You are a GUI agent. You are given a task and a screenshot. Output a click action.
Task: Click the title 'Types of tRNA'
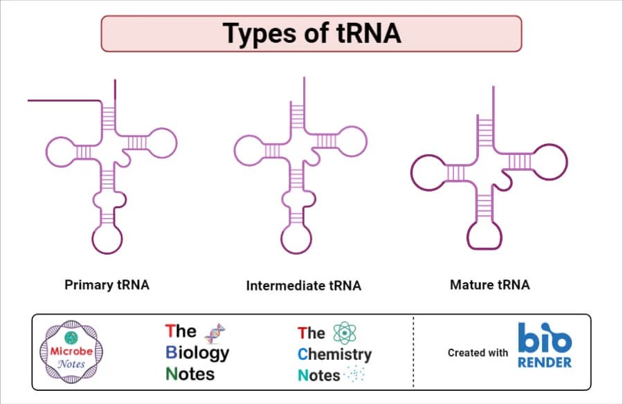click(x=311, y=33)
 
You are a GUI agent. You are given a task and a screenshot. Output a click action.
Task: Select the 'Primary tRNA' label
click(x=107, y=284)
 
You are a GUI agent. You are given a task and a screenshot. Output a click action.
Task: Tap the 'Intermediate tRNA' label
click(x=303, y=285)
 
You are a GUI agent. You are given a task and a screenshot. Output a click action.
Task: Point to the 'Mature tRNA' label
click(x=489, y=284)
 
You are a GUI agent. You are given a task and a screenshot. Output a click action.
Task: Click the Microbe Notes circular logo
click(x=71, y=352)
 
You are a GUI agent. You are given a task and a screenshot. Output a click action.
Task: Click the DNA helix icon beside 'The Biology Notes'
click(x=216, y=333)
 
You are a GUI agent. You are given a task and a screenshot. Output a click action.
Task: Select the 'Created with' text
click(x=478, y=352)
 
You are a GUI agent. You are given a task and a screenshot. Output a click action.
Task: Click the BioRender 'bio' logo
click(x=545, y=338)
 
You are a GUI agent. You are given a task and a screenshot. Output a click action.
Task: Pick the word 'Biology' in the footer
click(x=197, y=353)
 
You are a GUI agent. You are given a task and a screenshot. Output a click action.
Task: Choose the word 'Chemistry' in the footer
click(x=334, y=354)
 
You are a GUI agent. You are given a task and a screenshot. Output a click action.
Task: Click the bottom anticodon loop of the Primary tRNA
click(x=108, y=239)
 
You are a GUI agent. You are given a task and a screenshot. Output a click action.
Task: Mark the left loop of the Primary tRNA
click(x=60, y=150)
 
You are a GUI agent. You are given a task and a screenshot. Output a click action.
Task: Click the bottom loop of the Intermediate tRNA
click(x=296, y=239)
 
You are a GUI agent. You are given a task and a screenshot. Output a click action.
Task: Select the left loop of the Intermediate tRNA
click(x=249, y=149)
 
